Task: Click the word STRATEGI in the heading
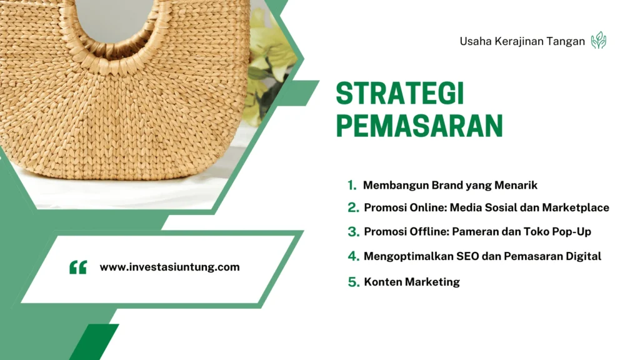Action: (400, 94)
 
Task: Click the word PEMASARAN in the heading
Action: (419, 126)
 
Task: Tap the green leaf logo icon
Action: (599, 41)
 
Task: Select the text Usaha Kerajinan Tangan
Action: (522, 42)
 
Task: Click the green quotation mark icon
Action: (78, 267)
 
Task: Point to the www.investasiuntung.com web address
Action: (169, 267)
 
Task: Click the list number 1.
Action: (352, 185)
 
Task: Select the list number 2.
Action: (353, 207)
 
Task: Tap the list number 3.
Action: (353, 232)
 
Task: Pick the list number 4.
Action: (353, 256)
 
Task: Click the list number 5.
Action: (353, 282)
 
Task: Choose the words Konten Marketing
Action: (412, 282)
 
